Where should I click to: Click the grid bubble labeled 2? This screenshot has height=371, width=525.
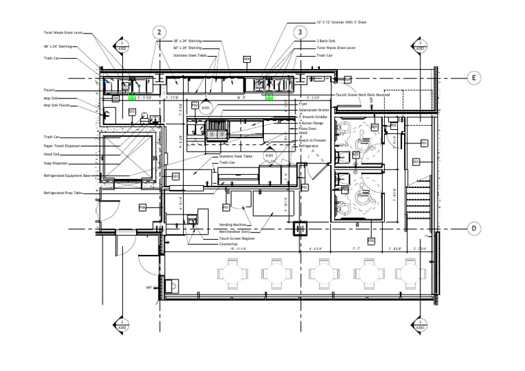159,32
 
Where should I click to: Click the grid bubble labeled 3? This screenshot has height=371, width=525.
300,32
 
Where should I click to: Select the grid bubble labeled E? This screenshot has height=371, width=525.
472,79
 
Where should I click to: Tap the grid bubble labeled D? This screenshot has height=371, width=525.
472,228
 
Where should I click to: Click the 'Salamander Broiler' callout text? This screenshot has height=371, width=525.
314,109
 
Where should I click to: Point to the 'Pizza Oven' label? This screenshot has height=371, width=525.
308,128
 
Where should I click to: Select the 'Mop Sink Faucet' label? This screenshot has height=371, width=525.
57,106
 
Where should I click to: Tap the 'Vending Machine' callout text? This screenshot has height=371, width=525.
233,224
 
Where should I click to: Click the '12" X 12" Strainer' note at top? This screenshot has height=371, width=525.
342,23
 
